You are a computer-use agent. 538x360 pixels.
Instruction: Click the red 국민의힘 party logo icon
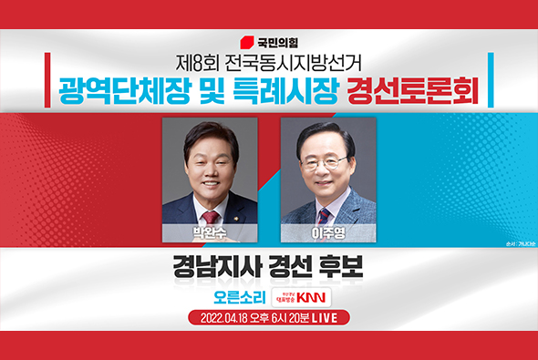pos(245,42)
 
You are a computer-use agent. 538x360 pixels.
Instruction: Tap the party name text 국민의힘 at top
pos(277,42)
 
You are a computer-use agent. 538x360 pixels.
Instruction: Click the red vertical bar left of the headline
pos(46,79)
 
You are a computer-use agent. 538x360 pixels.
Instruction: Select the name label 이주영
pos(328,232)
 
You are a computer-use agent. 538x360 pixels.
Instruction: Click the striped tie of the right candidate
pos(324,215)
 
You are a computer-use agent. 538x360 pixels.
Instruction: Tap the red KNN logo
pos(316,298)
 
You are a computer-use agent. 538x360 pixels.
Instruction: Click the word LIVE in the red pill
pos(331,319)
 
